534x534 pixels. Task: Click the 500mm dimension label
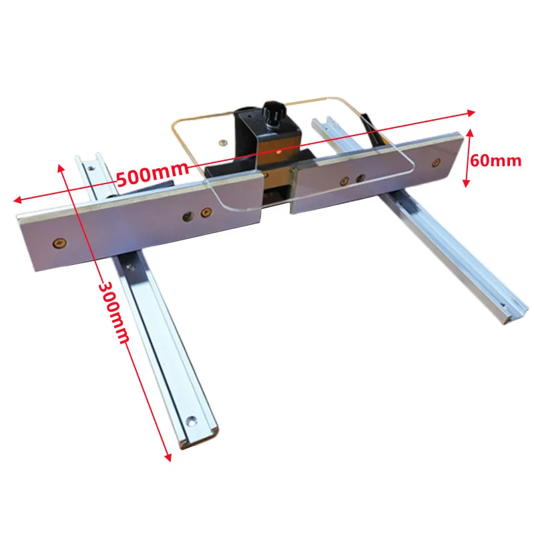pos(152,174)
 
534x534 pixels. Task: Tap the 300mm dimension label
pos(113,312)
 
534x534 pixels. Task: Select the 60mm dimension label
pos(495,160)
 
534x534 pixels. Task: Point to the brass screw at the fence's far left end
pos(59,243)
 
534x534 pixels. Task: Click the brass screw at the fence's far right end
pos(436,163)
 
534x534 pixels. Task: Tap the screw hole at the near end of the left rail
pos(192,421)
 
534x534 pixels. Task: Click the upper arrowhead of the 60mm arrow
pos(471,133)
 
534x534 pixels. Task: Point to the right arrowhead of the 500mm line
pos(471,113)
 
